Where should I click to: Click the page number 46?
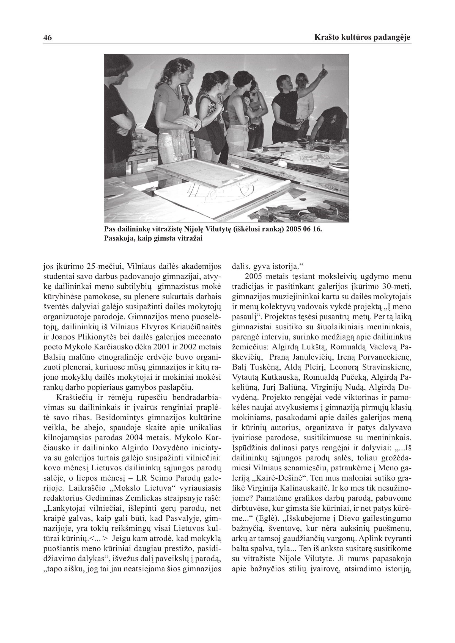pyautogui.click(x=48, y=38)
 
